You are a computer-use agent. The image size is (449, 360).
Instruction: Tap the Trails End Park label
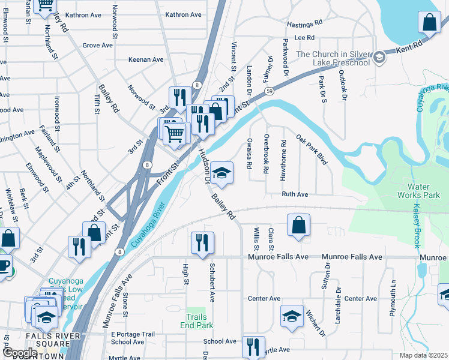pos(196,321)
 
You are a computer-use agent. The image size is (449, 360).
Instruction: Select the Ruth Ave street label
pos(295,194)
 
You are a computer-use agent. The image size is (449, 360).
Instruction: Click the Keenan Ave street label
pos(146,59)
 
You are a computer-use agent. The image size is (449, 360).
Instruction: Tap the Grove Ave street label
pos(98,45)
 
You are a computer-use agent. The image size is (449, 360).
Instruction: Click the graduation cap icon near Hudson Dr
pos(221,173)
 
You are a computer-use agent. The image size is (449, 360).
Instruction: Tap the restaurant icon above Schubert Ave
pos(202,242)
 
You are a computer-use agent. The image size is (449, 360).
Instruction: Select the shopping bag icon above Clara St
pos(298,225)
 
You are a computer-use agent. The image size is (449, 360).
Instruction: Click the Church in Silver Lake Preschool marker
pos(379,58)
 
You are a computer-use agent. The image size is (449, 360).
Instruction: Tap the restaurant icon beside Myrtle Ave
pos(253,346)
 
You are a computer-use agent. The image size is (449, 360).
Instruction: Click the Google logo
pos(19,353)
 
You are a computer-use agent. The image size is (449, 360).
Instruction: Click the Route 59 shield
pos(271,91)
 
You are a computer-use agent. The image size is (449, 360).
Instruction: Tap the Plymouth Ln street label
pos(394,292)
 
